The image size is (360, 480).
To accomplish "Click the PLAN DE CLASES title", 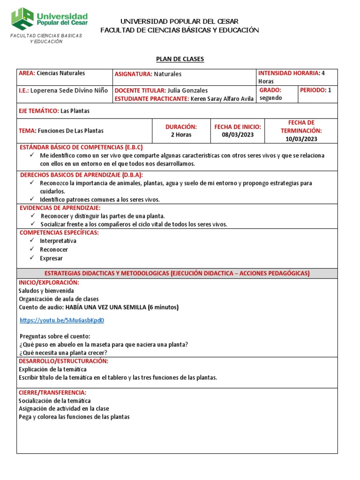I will pyautogui.click(x=180, y=59).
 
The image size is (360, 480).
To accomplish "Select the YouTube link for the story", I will pyautogui.click(x=61, y=321).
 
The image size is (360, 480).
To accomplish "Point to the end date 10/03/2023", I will pyautogui.click(x=301, y=139).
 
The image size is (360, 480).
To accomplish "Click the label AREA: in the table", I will pyautogui.click(x=27, y=73).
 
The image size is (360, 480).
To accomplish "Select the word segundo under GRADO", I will pyautogui.click(x=270, y=98).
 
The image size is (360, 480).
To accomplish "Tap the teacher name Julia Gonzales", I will pyautogui.click(x=187, y=90).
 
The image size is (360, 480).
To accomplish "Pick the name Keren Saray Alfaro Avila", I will pyautogui.click(x=222, y=98).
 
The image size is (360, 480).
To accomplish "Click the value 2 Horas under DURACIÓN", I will pyautogui.click(x=181, y=135).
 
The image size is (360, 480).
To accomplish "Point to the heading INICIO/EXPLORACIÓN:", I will pyautogui.click(x=49, y=283).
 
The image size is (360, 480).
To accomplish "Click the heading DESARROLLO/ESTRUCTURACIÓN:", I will pyautogui.click(x=63, y=361).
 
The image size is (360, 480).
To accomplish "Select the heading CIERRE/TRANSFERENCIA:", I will pyautogui.click(x=52, y=392).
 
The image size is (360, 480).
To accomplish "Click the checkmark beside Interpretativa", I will pyautogui.click(x=31, y=241).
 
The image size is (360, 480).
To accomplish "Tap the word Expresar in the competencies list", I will pyautogui.click(x=51, y=258).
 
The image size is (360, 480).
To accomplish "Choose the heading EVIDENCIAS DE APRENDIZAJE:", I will pyautogui.click(x=60, y=208).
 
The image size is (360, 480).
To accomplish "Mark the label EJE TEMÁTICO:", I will pyautogui.click(x=38, y=111).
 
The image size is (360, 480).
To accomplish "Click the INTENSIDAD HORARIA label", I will pyautogui.click(x=288, y=73).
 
